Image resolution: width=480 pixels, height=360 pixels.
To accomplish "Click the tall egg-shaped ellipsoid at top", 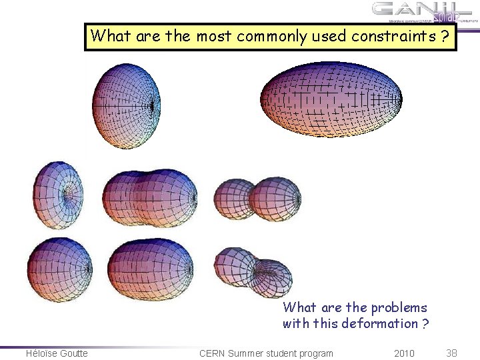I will click(127, 105).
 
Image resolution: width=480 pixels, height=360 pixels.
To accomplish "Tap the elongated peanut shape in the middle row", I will click(150, 196).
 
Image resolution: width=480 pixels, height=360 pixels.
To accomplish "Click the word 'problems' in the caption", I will click(401, 308).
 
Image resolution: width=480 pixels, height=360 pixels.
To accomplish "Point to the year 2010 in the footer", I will click(404, 353).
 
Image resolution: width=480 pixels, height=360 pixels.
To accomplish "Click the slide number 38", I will click(451, 353).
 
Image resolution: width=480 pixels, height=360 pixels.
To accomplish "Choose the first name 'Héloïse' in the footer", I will click(40, 353).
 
